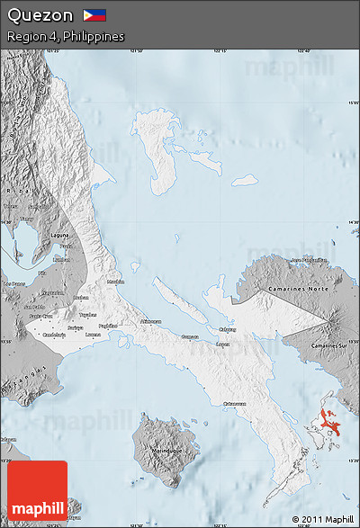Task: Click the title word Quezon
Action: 40,15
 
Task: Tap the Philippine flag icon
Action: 94,15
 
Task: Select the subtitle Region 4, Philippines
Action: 65,37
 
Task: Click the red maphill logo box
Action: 37,490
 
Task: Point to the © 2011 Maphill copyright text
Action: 322,519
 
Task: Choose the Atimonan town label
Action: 150,321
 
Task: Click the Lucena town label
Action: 93,335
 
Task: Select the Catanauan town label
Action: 235,403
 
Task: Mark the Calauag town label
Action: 228,329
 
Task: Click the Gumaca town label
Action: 190,336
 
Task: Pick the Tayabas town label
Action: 87,315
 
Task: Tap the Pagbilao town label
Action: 108,326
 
